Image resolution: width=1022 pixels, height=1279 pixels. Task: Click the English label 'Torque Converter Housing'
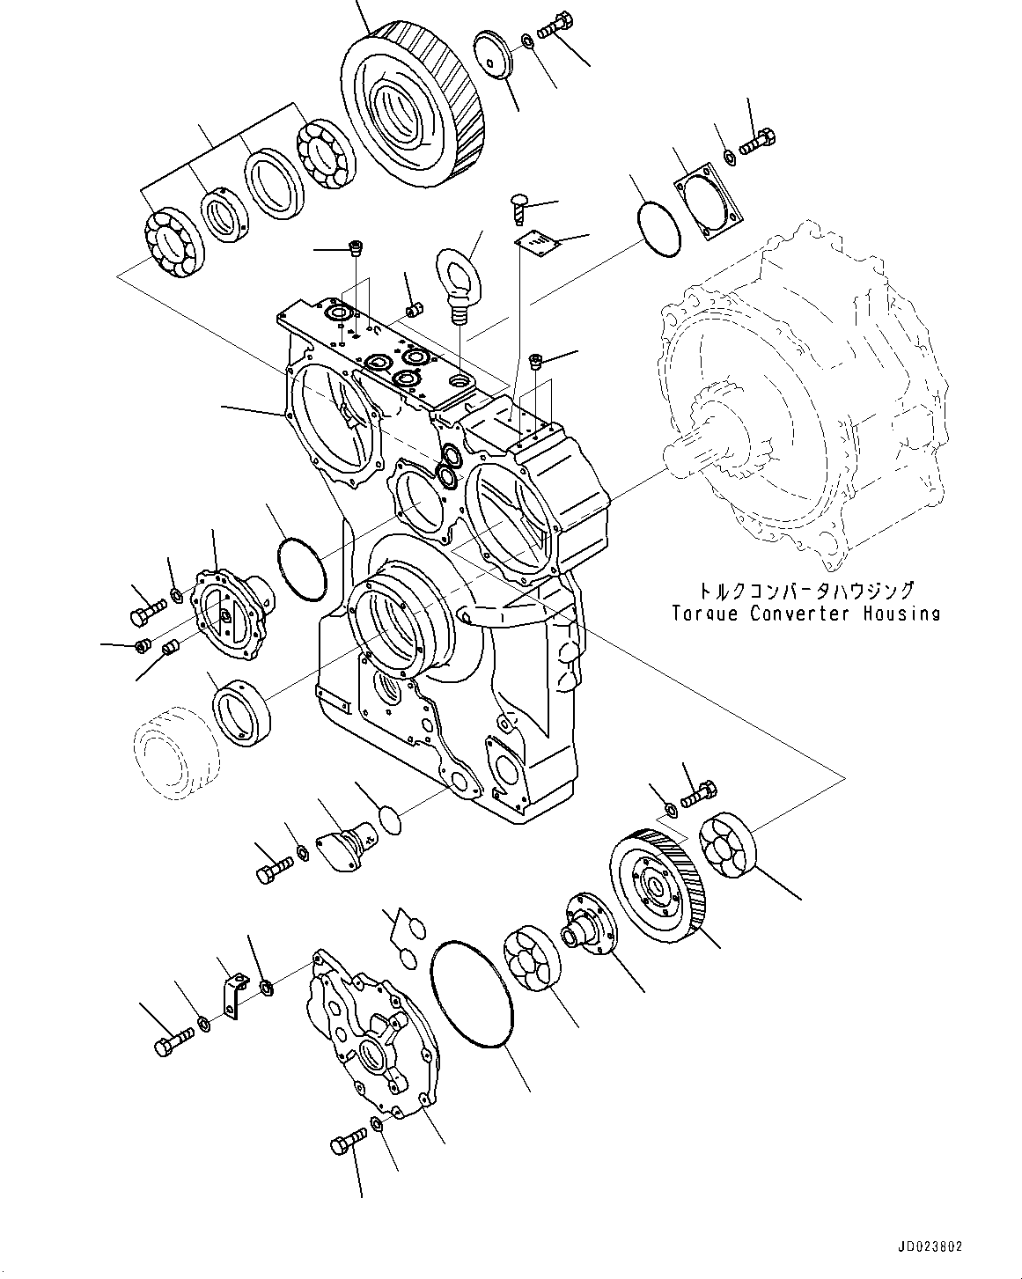pos(805,614)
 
